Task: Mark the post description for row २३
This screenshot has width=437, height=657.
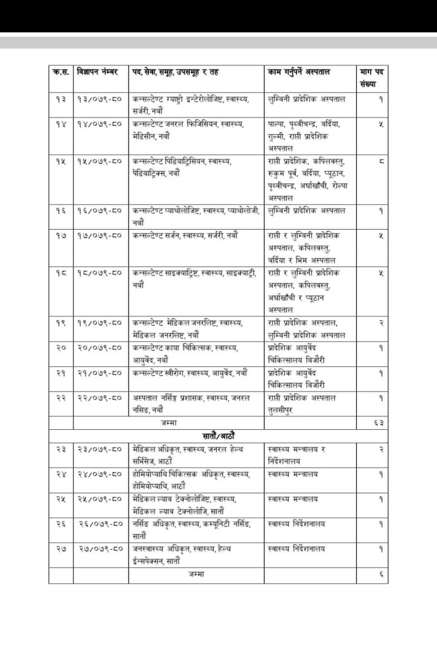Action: click(x=193, y=455)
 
